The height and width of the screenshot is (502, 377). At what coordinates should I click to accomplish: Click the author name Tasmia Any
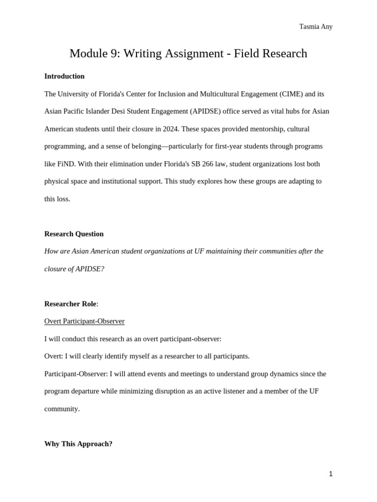click(x=316, y=27)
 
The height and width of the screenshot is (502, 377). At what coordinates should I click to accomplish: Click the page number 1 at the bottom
click(x=330, y=474)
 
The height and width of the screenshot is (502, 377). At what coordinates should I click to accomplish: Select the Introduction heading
click(x=64, y=76)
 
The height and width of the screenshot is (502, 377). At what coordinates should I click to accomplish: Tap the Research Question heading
click(x=74, y=234)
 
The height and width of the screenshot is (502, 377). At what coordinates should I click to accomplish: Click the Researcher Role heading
click(x=70, y=304)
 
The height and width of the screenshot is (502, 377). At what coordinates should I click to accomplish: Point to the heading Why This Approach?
click(x=78, y=444)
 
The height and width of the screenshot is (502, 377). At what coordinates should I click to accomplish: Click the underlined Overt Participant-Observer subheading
click(x=84, y=321)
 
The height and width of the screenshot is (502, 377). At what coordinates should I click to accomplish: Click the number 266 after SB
click(x=208, y=164)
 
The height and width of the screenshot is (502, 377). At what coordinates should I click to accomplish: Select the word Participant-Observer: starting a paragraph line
click(x=76, y=374)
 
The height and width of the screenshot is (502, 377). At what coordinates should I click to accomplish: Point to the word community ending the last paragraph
click(x=61, y=409)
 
